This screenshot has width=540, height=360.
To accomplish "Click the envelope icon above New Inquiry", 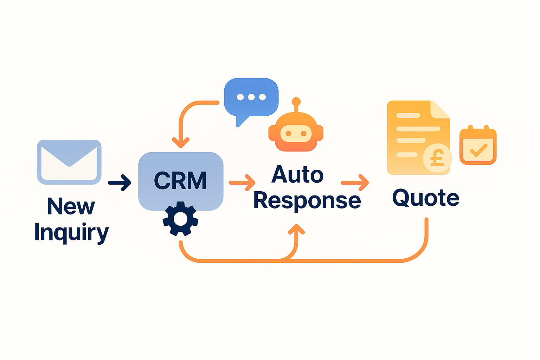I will point(69,162).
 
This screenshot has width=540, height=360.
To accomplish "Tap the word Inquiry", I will point(71,232).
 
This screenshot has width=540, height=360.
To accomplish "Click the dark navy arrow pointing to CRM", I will point(120,182).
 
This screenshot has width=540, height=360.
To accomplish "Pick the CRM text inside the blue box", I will point(180,181).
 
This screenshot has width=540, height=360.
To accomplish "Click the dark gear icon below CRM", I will point(180,219).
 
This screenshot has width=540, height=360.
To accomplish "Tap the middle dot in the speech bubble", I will point(251,97).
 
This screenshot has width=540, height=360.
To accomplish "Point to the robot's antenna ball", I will point(296,101).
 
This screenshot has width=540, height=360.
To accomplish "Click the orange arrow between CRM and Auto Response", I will point(243,182).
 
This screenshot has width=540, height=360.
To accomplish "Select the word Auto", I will point(297,174).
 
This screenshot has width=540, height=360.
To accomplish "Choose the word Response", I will point(307,201).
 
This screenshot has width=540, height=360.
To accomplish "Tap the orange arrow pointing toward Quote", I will point(355,182).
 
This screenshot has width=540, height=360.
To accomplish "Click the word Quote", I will point(426,198).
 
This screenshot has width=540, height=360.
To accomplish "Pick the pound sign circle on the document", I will point(437,158).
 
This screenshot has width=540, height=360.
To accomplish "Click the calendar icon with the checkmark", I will point(478,146).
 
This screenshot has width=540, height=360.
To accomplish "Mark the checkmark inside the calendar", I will point(478,150).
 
